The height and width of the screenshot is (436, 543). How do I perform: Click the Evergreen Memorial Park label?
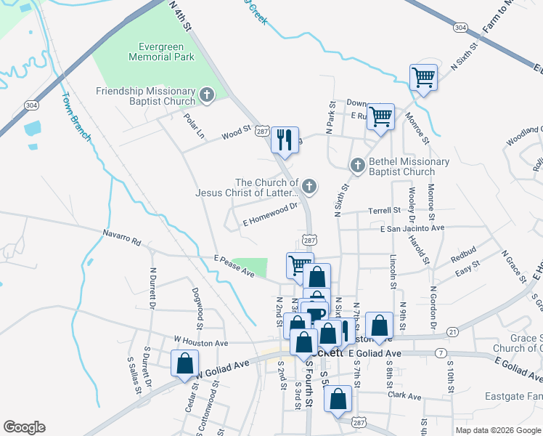click(x=155, y=50)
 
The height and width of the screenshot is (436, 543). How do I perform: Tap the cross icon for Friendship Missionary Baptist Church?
click(x=207, y=94)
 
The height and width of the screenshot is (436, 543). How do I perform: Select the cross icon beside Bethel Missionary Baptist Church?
click(x=357, y=166)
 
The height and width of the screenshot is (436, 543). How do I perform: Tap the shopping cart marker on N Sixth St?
click(x=422, y=76)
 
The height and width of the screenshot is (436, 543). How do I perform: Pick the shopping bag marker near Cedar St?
click(x=184, y=362)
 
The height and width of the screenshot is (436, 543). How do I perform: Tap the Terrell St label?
click(x=385, y=210)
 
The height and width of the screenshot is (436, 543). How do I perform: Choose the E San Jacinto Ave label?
click(x=412, y=228)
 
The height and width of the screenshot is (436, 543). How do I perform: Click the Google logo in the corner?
click(x=24, y=427)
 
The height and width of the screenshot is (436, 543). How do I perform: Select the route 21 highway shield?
click(x=452, y=332)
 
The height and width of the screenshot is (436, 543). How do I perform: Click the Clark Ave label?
click(x=404, y=397)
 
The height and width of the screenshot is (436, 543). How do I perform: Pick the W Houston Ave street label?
click(x=201, y=342)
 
